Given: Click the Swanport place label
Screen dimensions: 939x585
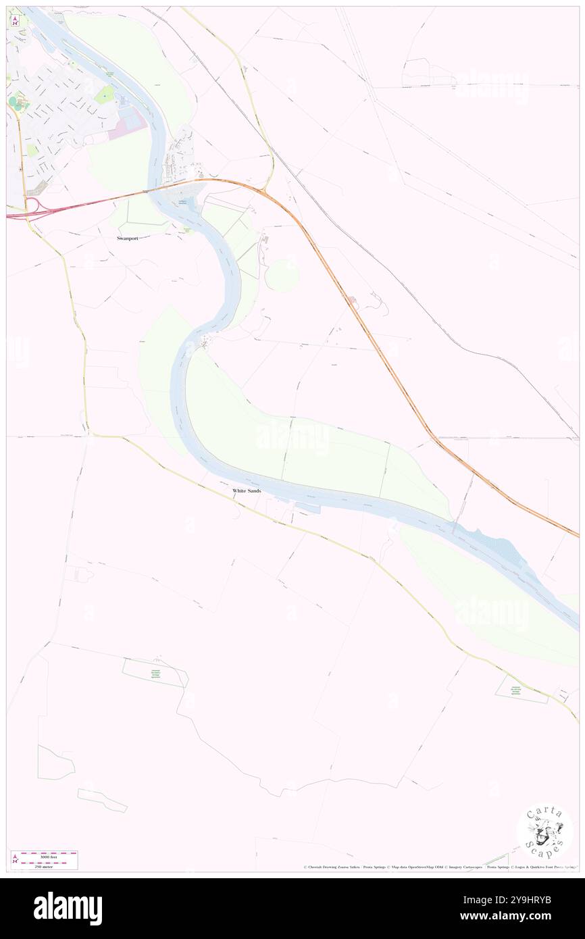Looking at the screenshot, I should [126, 238].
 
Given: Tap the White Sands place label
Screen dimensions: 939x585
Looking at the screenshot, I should [247, 490].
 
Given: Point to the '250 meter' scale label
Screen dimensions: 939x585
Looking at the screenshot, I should [43, 867].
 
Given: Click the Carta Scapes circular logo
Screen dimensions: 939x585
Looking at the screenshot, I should [544, 833].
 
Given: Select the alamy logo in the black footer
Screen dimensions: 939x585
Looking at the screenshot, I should [68, 908].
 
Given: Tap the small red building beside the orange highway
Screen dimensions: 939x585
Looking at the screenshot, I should [352, 299].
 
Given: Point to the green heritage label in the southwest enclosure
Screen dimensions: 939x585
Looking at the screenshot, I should [155, 674].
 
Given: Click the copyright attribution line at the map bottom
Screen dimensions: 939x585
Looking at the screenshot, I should [439, 867].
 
